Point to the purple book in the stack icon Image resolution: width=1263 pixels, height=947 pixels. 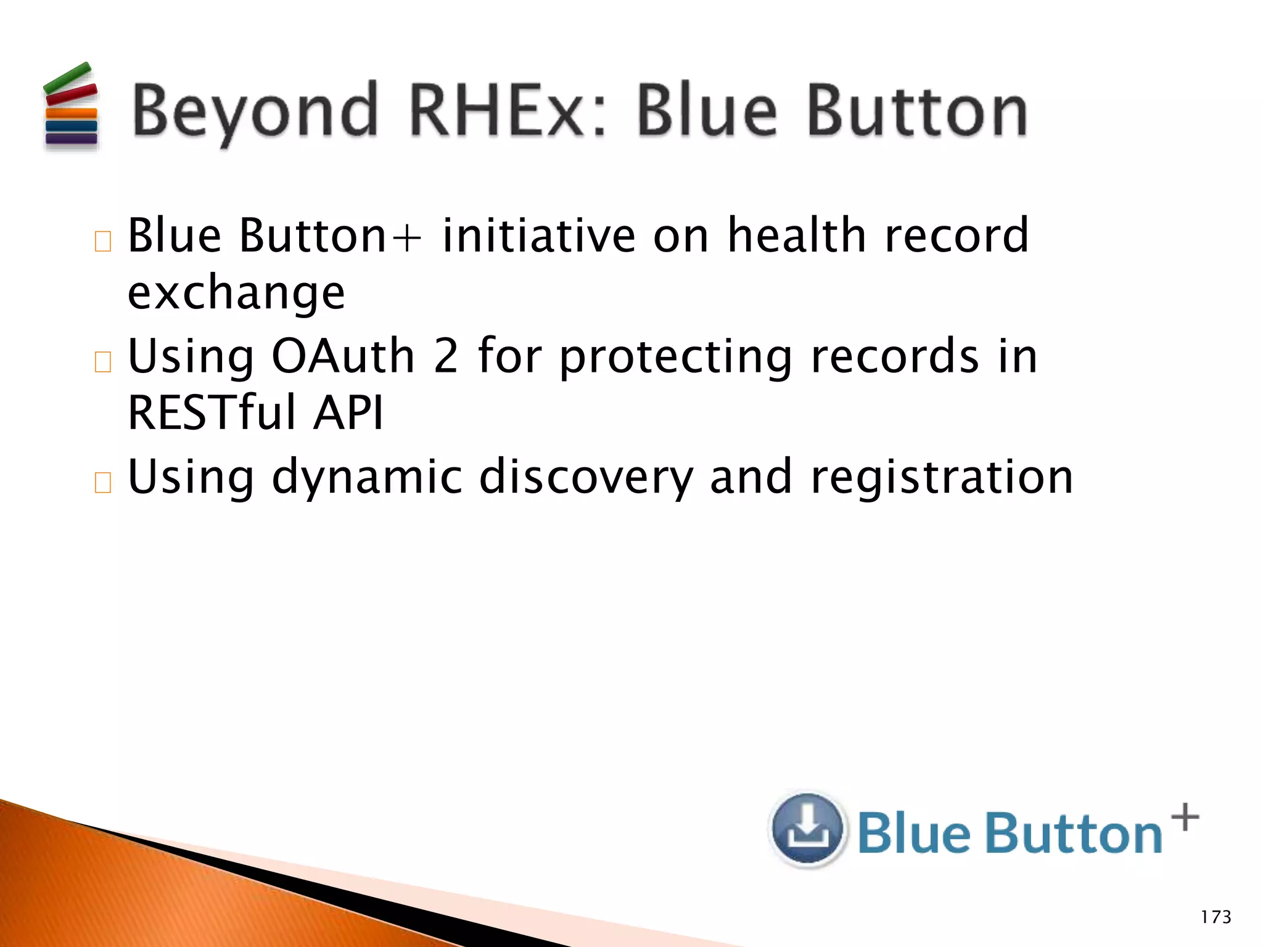click(x=72, y=138)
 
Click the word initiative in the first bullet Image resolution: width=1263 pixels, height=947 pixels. click(x=538, y=236)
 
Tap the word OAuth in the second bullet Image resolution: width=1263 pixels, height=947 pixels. click(x=343, y=356)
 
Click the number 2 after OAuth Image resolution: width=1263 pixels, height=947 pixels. click(x=445, y=356)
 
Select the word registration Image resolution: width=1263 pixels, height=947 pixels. click(x=942, y=477)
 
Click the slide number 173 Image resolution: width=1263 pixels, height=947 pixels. click(x=1216, y=917)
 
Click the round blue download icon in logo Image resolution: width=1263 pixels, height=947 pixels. click(x=807, y=829)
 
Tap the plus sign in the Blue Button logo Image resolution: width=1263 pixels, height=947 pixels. click(x=1185, y=818)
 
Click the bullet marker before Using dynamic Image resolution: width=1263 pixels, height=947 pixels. click(x=103, y=482)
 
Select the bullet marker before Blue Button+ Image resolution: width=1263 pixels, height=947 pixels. click(x=103, y=241)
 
